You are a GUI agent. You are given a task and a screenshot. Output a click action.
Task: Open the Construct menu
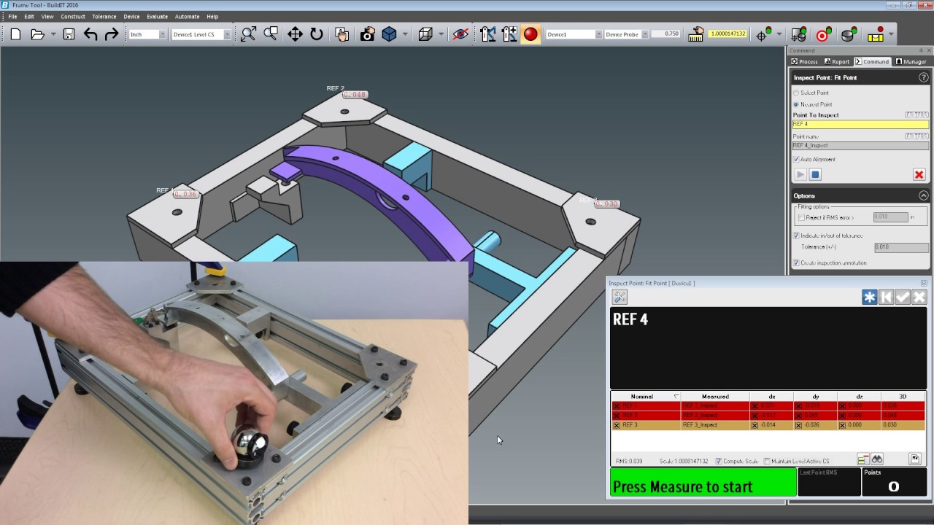73,16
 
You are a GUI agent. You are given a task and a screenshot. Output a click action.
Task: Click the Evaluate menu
157,16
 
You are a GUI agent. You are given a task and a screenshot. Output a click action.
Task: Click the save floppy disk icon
69,34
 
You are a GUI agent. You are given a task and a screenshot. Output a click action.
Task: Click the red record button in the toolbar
530,34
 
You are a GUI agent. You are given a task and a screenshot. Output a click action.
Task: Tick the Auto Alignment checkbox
796,159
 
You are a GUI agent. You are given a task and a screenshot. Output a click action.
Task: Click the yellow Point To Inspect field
860,125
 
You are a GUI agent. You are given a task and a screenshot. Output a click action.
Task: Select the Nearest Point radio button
796,104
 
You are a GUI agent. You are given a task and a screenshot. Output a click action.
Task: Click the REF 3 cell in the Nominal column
642,425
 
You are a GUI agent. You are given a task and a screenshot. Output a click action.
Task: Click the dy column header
815,397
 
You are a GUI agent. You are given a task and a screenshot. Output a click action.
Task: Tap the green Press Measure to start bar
702,483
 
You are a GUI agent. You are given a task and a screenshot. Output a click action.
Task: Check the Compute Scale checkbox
719,461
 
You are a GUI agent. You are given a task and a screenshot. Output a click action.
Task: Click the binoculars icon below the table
877,459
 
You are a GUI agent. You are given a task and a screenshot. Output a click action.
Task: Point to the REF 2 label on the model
335,88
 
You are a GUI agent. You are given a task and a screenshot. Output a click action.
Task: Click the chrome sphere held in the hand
247,443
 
